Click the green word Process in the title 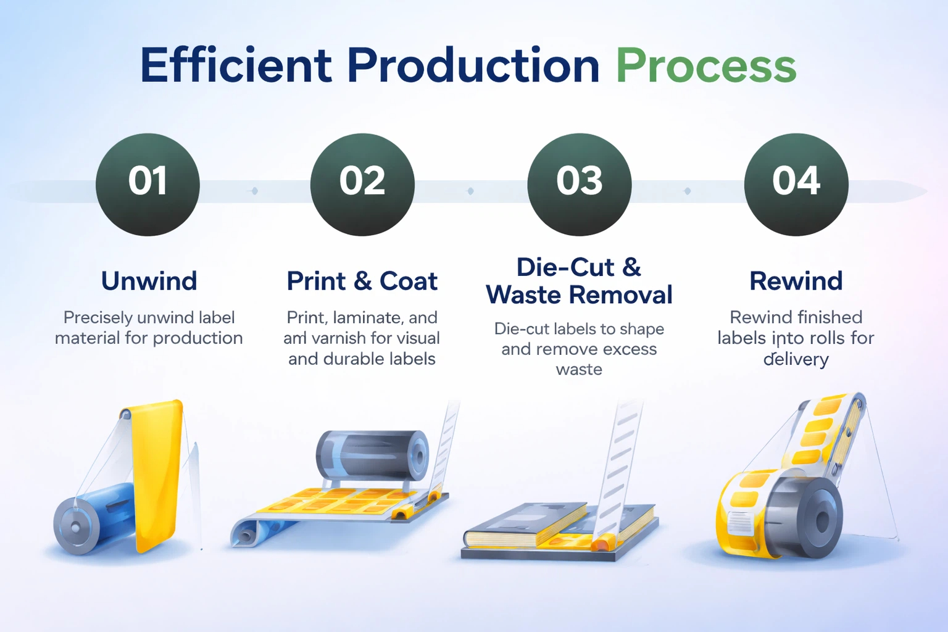click(x=706, y=65)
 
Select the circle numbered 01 click(x=148, y=184)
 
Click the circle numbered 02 click(x=362, y=184)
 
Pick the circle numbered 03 click(x=579, y=184)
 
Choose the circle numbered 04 click(x=796, y=184)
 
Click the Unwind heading click(x=149, y=281)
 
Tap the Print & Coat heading click(x=362, y=281)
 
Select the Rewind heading click(x=796, y=281)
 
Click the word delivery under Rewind click(x=796, y=359)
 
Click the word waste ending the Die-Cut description click(x=579, y=370)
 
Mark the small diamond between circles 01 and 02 click(x=254, y=191)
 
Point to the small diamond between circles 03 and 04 click(x=688, y=191)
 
